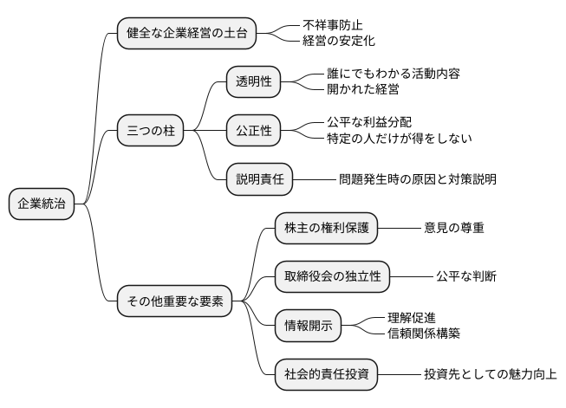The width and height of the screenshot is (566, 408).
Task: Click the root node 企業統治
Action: (x=42, y=204)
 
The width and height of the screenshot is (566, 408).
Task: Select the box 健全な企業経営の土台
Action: (x=186, y=33)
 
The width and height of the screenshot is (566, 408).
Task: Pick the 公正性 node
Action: (x=254, y=131)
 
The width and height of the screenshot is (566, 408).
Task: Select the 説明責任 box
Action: (x=260, y=179)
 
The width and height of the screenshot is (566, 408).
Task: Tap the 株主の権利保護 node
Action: (x=327, y=228)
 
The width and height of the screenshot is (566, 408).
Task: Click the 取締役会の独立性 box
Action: (x=333, y=276)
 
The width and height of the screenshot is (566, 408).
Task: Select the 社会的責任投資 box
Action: (x=327, y=374)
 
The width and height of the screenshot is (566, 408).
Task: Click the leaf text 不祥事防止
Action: (x=334, y=25)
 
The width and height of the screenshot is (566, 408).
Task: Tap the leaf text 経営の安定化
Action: (x=340, y=41)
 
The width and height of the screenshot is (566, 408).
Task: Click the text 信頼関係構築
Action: (x=424, y=334)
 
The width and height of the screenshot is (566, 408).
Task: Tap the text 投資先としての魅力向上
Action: (x=490, y=374)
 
